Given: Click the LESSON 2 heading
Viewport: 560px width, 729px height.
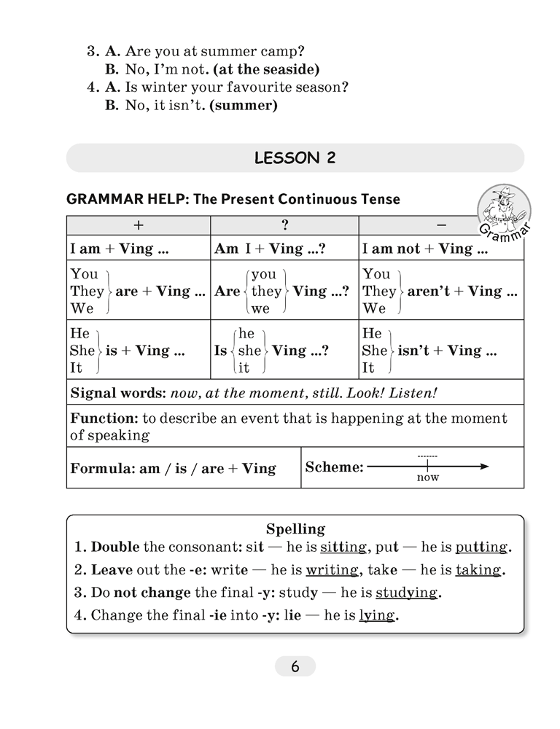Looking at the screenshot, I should click(x=295, y=158).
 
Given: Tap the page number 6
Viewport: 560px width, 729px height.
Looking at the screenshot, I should click(x=295, y=666).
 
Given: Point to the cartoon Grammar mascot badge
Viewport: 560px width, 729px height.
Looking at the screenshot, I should click(x=503, y=212).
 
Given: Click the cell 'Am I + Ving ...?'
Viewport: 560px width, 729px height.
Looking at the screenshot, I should click(x=270, y=249).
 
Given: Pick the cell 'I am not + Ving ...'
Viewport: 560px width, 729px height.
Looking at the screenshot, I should click(x=425, y=249).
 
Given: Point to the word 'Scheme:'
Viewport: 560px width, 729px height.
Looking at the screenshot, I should click(x=334, y=467).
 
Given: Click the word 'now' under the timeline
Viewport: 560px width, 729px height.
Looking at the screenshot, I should click(x=428, y=478).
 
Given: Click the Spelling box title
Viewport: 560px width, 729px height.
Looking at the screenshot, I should click(x=295, y=529).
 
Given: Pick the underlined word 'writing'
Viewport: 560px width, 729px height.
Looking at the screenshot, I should click(x=332, y=570).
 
